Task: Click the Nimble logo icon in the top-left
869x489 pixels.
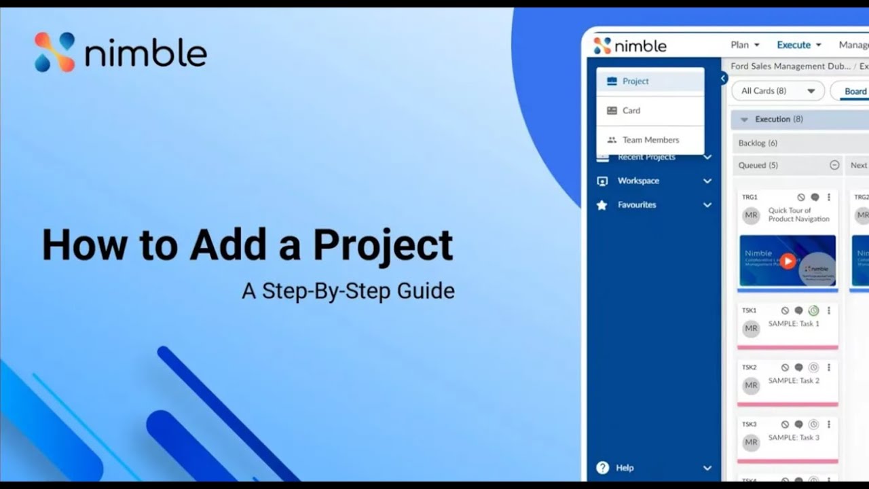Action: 55,52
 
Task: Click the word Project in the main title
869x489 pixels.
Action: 383,245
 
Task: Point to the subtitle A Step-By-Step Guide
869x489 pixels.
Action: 348,291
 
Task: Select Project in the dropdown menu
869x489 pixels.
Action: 635,81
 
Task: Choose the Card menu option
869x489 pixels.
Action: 631,111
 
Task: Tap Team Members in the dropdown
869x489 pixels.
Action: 650,140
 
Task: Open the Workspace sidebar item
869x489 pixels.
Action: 638,181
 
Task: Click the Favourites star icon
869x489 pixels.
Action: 602,204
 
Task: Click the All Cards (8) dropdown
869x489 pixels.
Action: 777,91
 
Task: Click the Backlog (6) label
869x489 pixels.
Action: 758,143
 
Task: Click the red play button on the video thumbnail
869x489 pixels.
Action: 787,261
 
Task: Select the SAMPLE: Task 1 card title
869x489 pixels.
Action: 794,324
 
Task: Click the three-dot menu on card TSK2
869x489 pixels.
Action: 829,367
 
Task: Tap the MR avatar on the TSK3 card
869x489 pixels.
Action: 751,442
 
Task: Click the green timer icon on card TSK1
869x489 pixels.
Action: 813,310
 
